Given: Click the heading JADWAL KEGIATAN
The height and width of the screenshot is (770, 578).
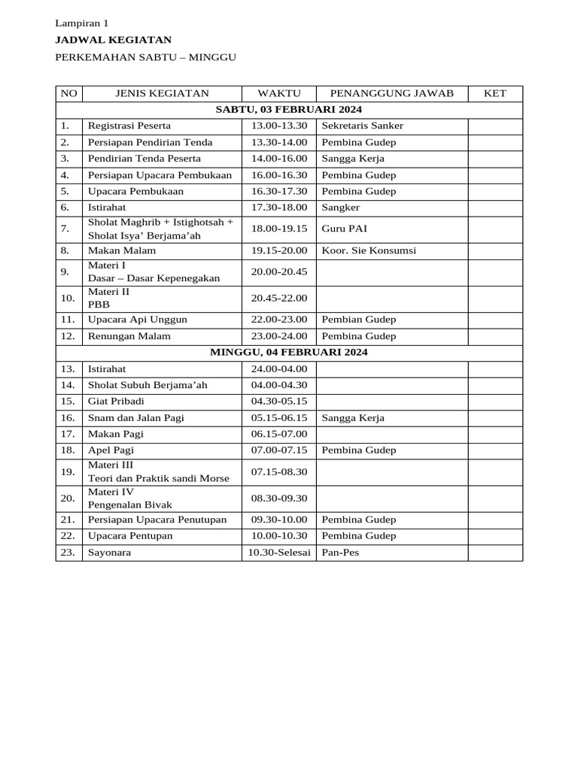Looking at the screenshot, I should click(x=114, y=40).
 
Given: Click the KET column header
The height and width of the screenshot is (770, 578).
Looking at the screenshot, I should click(x=494, y=93).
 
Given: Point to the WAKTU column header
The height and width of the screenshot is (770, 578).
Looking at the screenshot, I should click(x=278, y=93).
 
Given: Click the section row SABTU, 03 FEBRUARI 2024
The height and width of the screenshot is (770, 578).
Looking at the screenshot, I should click(x=289, y=110).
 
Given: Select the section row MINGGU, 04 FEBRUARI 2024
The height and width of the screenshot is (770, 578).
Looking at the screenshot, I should click(x=289, y=352).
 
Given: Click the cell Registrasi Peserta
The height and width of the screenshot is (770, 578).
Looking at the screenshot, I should click(x=129, y=126).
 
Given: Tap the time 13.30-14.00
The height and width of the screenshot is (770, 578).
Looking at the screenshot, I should click(x=278, y=142).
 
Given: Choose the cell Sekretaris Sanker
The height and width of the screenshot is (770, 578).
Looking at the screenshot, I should click(x=362, y=126).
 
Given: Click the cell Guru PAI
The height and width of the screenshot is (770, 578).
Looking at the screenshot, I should click(x=344, y=227).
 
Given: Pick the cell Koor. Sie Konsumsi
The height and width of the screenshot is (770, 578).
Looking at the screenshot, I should click(x=369, y=250).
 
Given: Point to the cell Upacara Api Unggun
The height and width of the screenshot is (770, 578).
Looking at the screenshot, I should click(x=138, y=320).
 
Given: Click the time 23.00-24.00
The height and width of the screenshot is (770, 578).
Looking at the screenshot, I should click(x=278, y=336).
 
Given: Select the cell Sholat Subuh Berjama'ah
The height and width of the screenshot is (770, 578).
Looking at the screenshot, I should click(x=148, y=385).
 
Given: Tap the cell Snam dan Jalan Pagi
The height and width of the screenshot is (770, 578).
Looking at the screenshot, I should click(x=136, y=417).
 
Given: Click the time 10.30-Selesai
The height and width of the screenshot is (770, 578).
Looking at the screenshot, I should click(x=278, y=553).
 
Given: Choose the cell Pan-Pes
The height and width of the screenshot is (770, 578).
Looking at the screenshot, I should click(x=340, y=553).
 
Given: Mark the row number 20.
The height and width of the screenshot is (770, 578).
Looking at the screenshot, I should click(x=68, y=498).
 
